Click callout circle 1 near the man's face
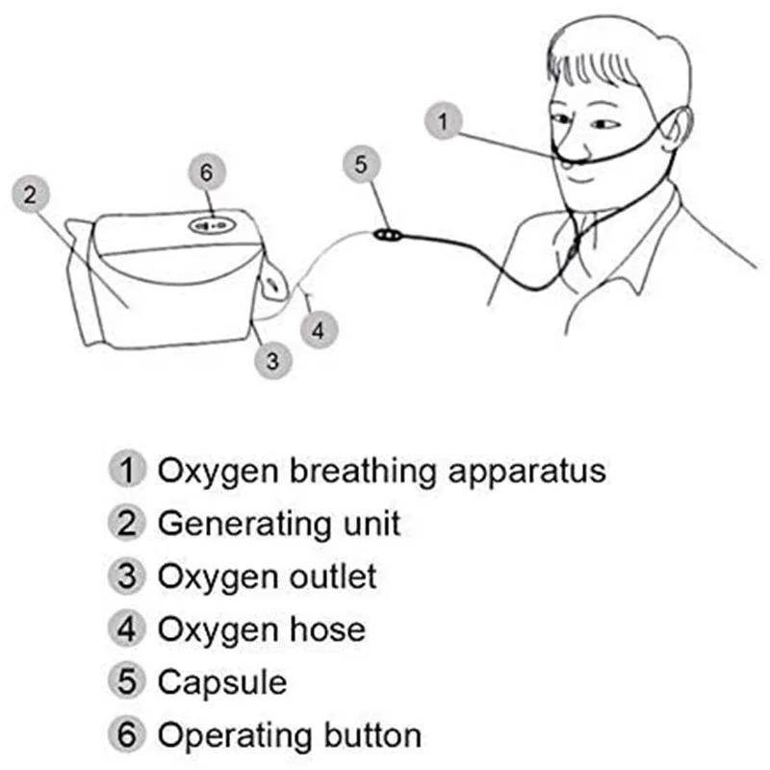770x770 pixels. click(444, 121)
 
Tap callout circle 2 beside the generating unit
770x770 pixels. click(31, 194)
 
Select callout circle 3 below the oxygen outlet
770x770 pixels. click(273, 361)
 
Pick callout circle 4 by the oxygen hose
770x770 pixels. click(319, 329)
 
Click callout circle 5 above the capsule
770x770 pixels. click(362, 164)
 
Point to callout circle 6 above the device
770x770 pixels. click(207, 172)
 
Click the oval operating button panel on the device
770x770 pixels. click(213, 226)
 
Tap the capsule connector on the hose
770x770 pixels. click(389, 235)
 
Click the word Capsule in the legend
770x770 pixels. click(222, 682)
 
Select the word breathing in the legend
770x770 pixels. click(363, 472)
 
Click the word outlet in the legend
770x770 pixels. click(333, 576)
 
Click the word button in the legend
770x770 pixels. click(372, 735)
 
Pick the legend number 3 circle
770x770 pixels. click(127, 576)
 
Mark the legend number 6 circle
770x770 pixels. click(127, 734)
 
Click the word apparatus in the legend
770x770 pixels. click(526, 473)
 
